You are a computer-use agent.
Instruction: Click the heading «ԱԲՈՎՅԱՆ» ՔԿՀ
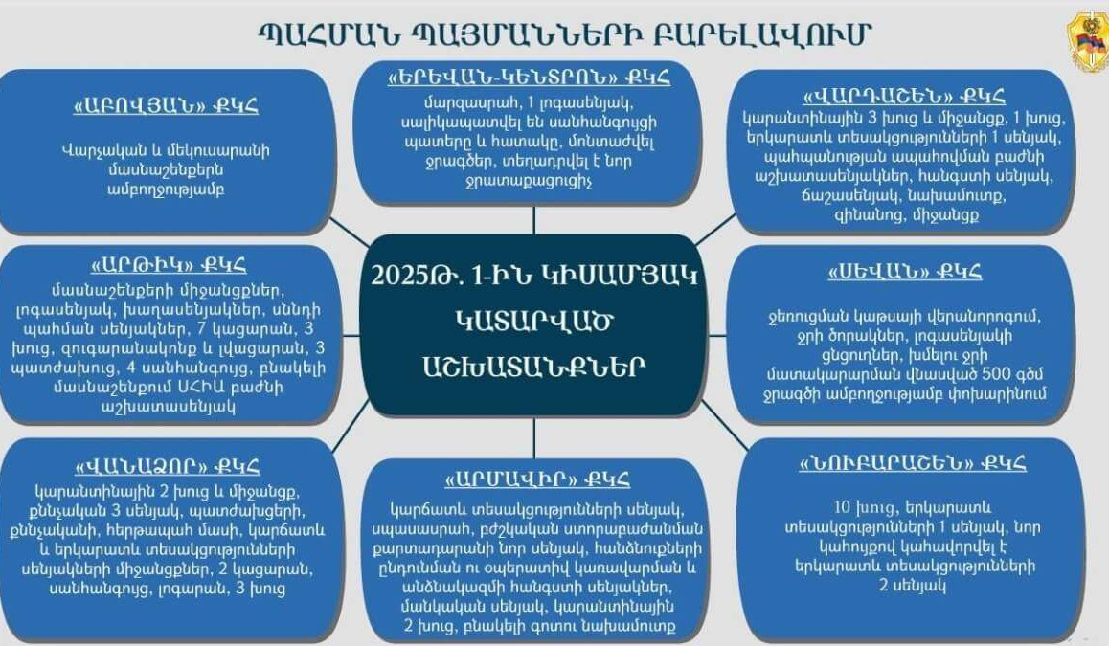pos(167,106)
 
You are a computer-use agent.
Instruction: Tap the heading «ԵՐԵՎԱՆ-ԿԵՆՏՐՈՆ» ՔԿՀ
pos(529,77)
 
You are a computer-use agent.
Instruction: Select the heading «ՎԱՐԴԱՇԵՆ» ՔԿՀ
pos(903,96)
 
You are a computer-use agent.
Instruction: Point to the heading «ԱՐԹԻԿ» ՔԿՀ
pos(169,265)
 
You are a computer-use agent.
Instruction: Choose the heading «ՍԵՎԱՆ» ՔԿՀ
pos(905,272)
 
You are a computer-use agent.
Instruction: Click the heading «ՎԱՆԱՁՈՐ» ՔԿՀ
pos(167,466)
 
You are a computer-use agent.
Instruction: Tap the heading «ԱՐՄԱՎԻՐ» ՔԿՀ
pos(537,479)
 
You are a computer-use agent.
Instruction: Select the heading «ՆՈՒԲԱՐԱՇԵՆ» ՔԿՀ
pos(913,463)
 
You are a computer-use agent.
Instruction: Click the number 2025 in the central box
pos(397,275)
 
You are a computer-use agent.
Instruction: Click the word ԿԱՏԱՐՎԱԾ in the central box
pos(534,321)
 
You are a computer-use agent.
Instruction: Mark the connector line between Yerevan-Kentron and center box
pos(534,220)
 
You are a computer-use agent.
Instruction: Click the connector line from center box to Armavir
pos(534,437)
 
